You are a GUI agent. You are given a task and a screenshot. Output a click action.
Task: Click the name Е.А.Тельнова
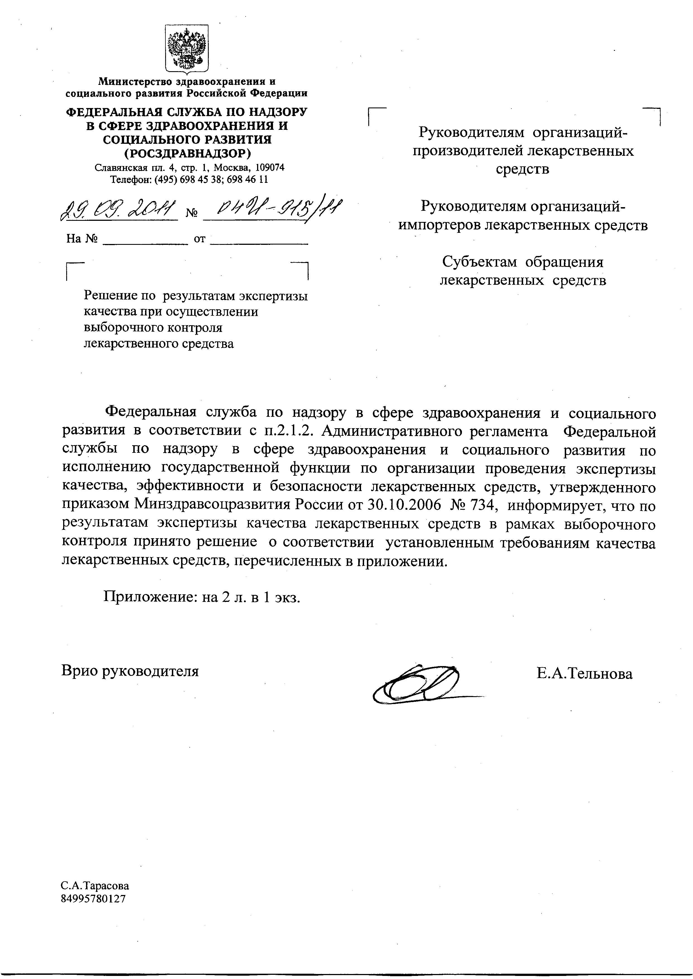tap(585, 674)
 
